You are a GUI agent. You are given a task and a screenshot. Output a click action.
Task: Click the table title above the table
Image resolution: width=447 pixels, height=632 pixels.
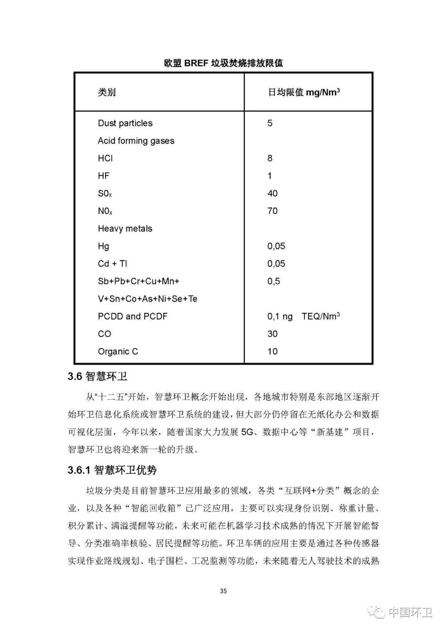click(223, 63)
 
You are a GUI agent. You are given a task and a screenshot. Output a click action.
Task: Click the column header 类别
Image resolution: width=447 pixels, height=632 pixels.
click(106, 92)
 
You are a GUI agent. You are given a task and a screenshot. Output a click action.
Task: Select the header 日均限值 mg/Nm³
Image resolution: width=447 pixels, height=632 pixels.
click(304, 92)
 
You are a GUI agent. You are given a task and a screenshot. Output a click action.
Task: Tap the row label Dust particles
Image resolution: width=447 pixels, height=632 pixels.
click(125, 123)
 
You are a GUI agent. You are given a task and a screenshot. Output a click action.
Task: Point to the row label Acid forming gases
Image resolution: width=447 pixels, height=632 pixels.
click(136, 141)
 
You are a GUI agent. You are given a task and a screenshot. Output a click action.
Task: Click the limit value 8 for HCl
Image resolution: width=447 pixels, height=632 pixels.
click(270, 158)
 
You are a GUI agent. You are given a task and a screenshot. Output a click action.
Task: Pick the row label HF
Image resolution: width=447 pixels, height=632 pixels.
click(103, 176)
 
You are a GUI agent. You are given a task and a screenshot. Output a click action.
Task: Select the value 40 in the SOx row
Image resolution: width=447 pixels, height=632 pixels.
click(272, 193)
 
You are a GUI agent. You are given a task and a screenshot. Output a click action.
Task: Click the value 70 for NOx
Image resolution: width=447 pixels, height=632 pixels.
click(272, 211)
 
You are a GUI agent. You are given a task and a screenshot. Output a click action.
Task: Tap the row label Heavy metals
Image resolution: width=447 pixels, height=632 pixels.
click(125, 228)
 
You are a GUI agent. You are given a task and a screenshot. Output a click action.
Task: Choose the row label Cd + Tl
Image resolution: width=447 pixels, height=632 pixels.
click(112, 264)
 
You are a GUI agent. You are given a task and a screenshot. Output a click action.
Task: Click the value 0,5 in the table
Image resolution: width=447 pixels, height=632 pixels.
click(274, 281)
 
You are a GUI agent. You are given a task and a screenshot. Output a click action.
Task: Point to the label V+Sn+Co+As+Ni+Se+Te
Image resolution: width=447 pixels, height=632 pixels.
click(147, 299)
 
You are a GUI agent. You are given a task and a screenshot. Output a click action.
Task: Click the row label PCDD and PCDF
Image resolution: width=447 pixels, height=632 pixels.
click(132, 317)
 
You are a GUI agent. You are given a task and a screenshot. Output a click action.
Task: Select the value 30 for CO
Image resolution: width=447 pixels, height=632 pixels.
click(272, 334)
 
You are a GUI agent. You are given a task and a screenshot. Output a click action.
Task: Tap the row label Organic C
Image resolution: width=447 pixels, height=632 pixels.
click(118, 352)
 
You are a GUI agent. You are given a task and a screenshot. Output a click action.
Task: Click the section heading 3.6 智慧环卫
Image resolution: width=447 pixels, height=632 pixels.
click(97, 376)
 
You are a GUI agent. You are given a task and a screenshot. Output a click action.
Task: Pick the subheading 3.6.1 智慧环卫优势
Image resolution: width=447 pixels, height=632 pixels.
click(112, 470)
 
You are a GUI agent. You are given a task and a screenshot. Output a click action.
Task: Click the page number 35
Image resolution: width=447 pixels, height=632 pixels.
click(223, 591)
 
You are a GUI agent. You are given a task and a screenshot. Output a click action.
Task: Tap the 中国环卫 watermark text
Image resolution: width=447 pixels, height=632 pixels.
click(410, 613)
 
